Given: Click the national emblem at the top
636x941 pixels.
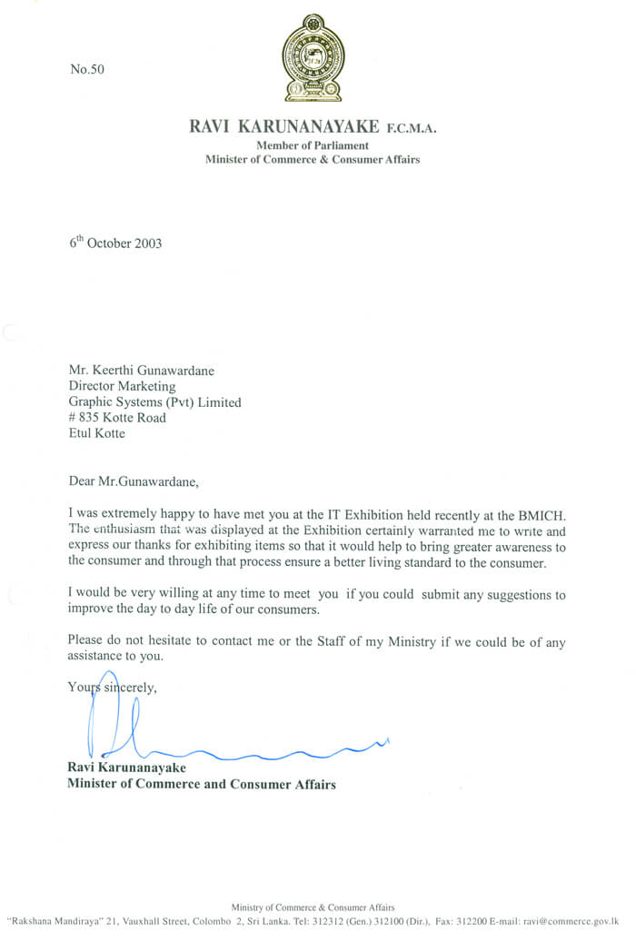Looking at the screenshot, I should point(313,64).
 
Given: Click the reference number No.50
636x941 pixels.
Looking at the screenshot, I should point(87,69).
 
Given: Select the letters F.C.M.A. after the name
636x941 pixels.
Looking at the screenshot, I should point(412,129).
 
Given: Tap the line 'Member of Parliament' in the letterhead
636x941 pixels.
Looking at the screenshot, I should point(312,145).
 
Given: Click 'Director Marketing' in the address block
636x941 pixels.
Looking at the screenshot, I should point(123,387).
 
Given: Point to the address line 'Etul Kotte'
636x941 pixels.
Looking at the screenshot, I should point(97,433).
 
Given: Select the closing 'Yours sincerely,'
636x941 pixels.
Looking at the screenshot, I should point(113,688).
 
